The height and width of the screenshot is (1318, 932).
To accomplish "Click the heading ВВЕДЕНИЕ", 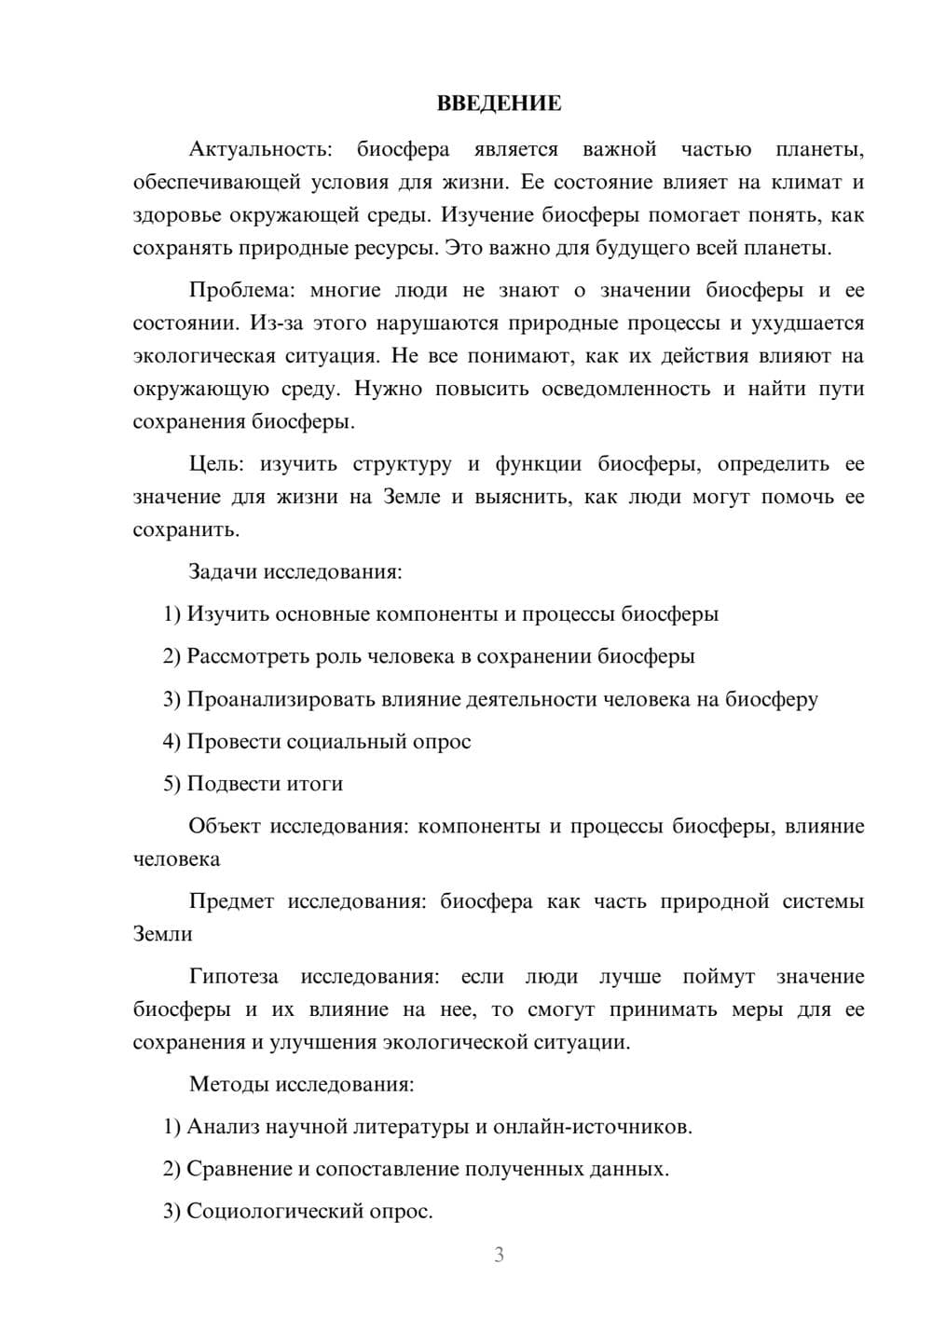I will tap(499, 103).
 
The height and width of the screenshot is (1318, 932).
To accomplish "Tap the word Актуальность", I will tap(260, 149).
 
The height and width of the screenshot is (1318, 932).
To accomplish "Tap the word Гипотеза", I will tap(234, 977).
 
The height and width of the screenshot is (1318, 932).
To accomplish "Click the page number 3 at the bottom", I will tap(499, 1255).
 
